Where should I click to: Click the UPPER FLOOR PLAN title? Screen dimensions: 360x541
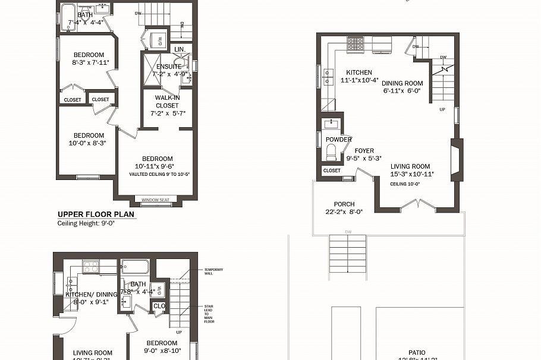95,214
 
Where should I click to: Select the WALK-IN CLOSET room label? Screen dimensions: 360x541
167,102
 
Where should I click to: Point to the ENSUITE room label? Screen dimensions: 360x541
169,67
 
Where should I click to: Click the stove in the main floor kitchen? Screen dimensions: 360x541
356,43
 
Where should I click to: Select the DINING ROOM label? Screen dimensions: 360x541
402,84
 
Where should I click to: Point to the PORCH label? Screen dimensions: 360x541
344,204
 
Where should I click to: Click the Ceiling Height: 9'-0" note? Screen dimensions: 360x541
86,224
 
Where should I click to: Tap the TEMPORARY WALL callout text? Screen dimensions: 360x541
213,271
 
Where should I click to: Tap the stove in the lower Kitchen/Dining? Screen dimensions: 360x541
91,267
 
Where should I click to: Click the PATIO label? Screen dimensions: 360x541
417,352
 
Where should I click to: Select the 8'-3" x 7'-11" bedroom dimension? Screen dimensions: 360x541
88,62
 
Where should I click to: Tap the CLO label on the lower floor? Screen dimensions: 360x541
159,307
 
